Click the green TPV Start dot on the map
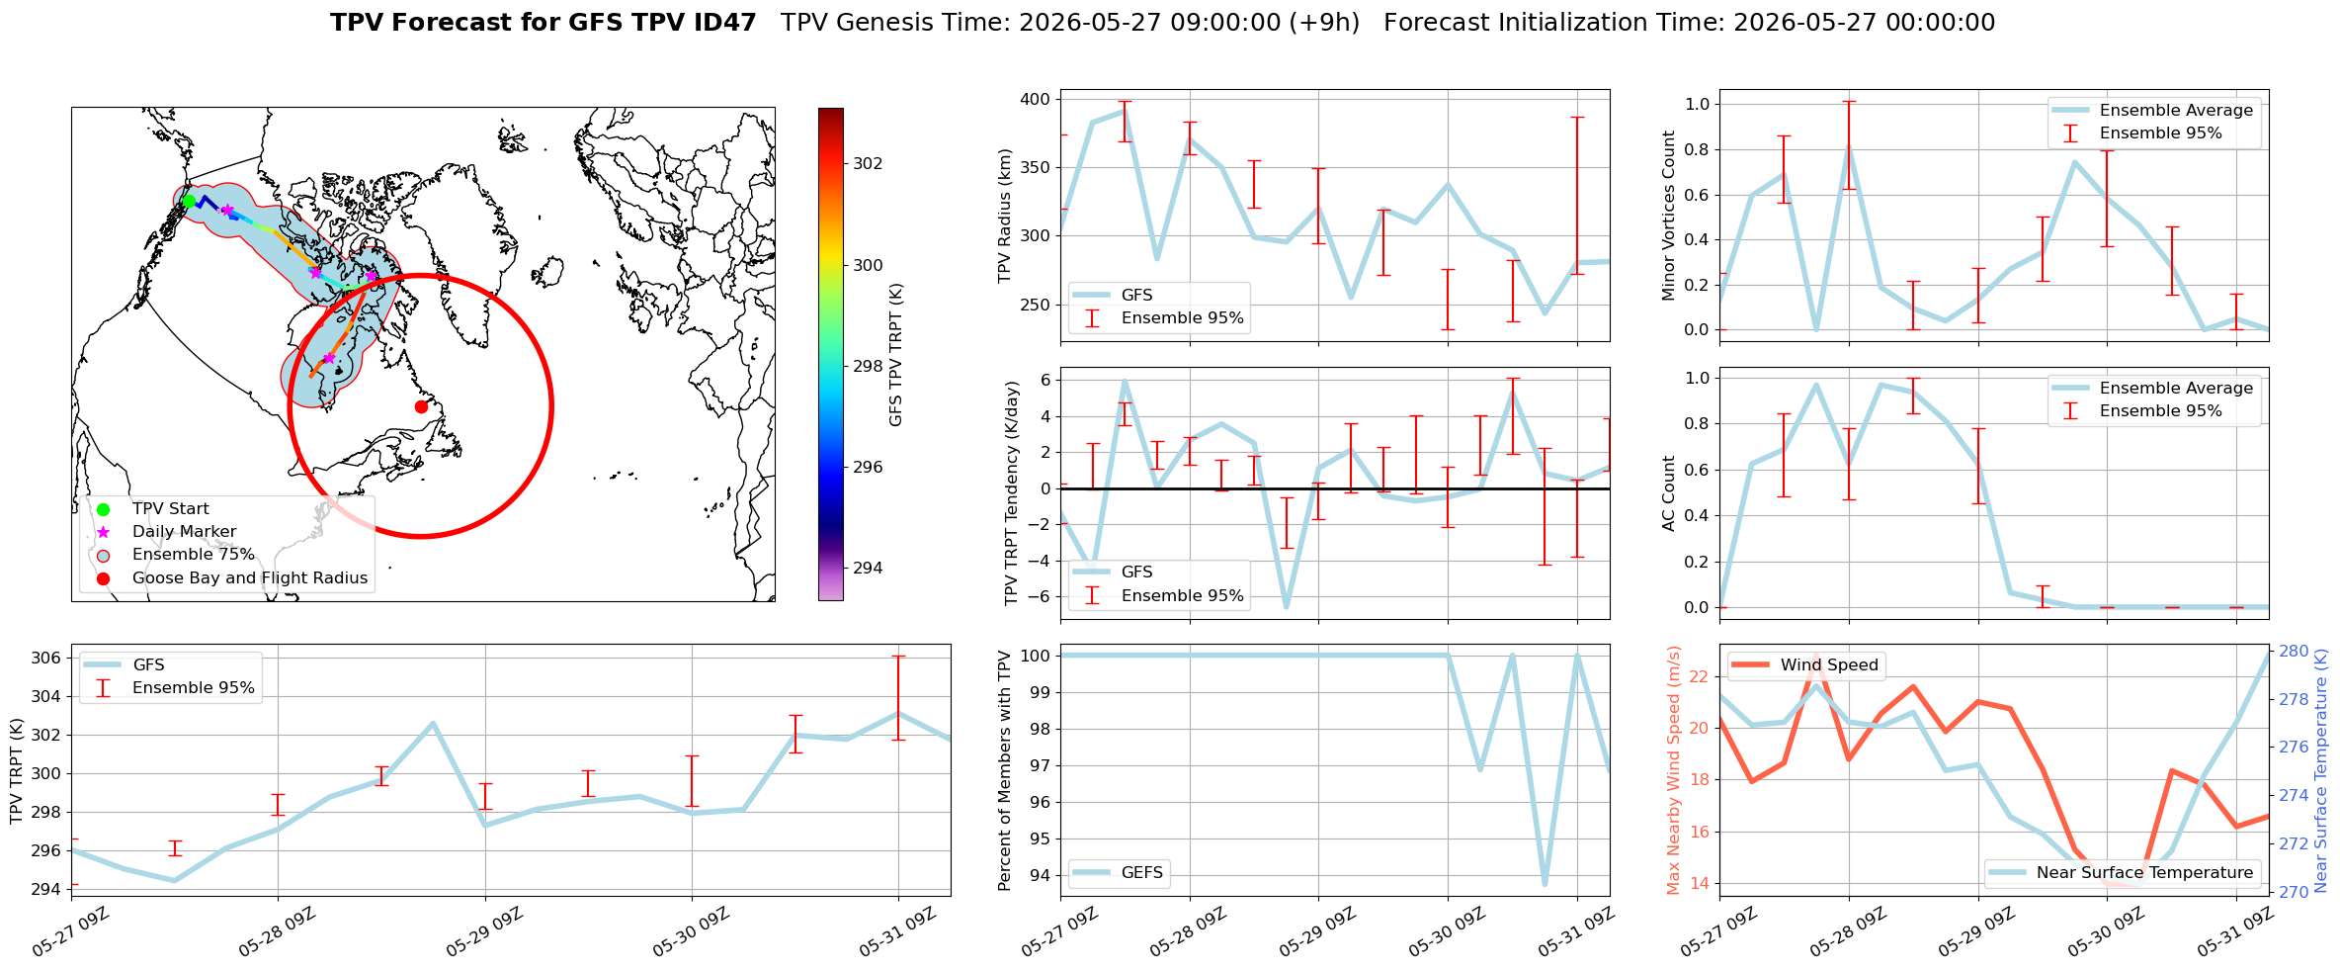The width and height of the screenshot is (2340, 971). pos(189,202)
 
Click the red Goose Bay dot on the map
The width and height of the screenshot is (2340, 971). pos(421,406)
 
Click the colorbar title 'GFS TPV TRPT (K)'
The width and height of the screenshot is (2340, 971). pos(896,355)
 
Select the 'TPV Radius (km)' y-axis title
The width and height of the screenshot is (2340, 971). pos(1006,216)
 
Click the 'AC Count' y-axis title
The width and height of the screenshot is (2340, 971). pos(1669,493)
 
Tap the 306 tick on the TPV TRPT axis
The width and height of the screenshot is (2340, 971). pos(46,659)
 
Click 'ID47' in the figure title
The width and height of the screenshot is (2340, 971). pos(724,23)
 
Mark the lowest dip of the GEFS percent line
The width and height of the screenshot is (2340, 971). pos(1545,884)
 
